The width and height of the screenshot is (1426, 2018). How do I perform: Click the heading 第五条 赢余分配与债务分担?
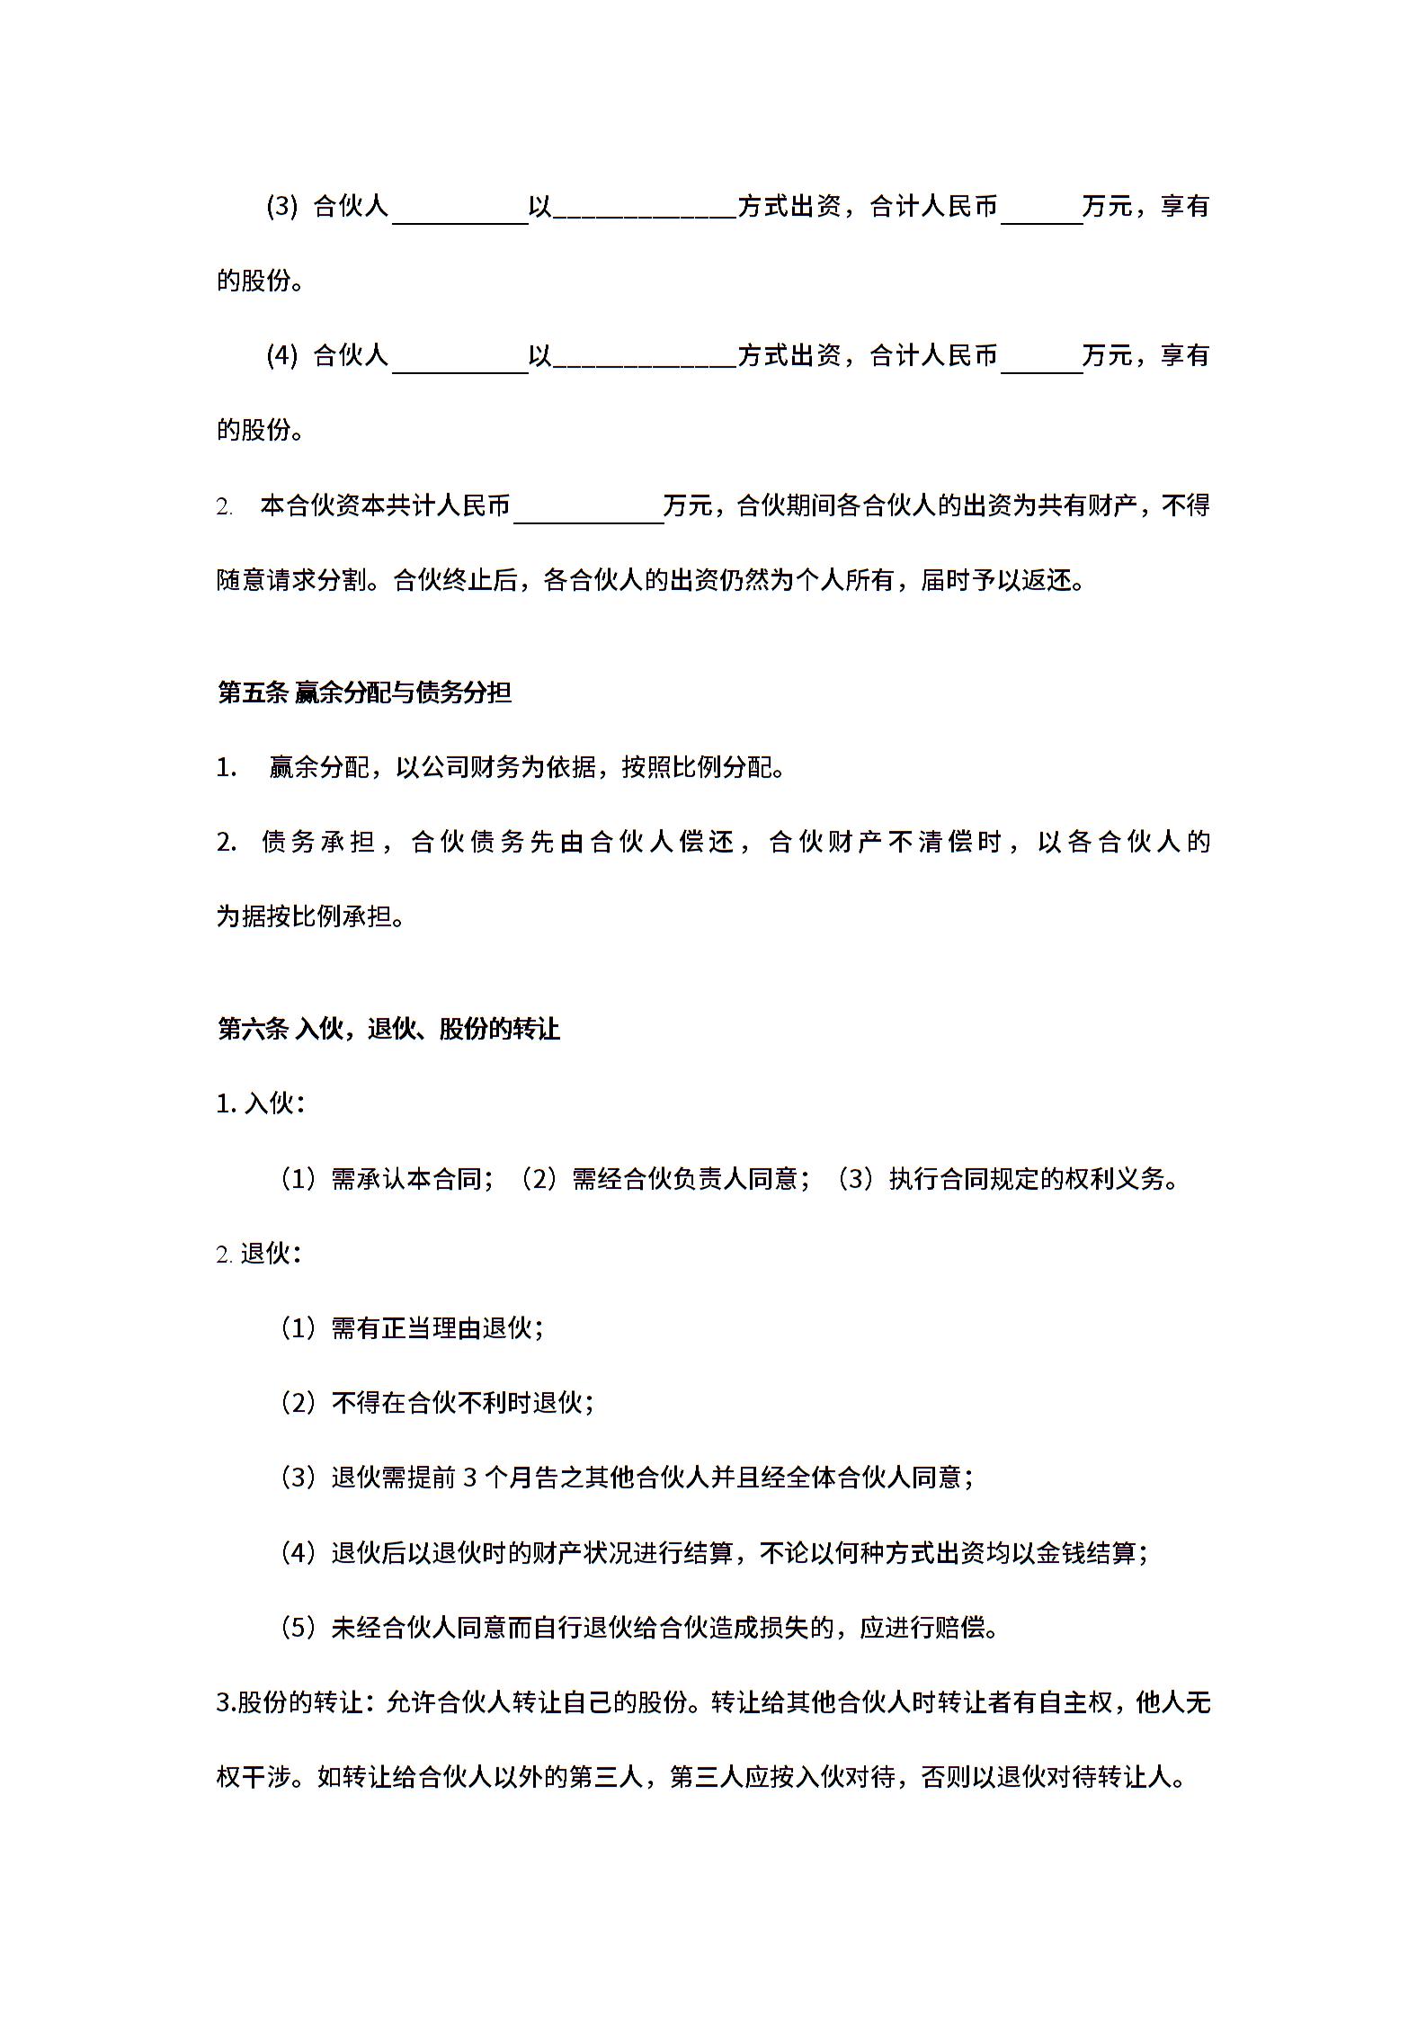(x=364, y=692)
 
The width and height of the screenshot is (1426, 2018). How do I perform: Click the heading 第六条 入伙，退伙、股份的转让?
(x=388, y=1029)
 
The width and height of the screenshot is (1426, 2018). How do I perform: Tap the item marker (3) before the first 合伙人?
(x=281, y=207)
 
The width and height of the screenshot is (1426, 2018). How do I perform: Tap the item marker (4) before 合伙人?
(x=281, y=356)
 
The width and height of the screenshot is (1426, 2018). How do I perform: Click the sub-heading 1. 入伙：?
(x=261, y=1103)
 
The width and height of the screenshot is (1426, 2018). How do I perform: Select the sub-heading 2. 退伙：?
(x=259, y=1254)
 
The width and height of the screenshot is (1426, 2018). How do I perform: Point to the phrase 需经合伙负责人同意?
(x=685, y=1179)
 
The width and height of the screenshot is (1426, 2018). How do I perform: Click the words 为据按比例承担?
(x=305, y=917)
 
